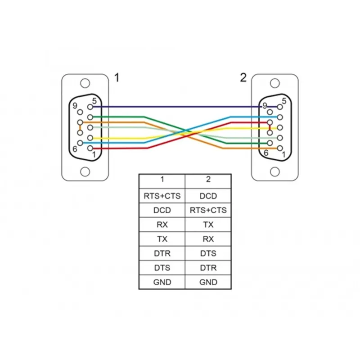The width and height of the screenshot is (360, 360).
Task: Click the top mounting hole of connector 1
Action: pyautogui.click(x=85, y=83)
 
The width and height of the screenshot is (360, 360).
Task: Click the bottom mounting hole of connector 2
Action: pyautogui.click(x=275, y=172)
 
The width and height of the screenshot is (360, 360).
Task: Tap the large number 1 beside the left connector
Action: pyautogui.click(x=117, y=77)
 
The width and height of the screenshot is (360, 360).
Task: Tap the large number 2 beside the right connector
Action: pyautogui.click(x=243, y=77)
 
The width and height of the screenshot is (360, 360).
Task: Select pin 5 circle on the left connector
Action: pyautogui.click(x=90, y=107)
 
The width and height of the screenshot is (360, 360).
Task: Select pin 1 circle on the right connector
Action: pyautogui.click(x=280, y=148)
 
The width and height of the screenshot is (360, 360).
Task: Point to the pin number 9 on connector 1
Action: pyautogui.click(x=75, y=106)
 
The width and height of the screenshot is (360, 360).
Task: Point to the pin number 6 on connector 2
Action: pyautogui.click(x=266, y=153)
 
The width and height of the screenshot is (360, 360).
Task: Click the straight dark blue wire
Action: pyautogui.click(x=177, y=107)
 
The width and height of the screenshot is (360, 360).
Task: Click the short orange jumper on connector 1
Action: pyautogui.click(x=80, y=127)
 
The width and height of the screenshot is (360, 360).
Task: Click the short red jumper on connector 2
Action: pyautogui.click(x=270, y=127)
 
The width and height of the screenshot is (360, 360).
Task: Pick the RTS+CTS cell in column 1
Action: pyautogui.click(x=162, y=196)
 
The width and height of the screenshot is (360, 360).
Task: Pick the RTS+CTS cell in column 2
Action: pyautogui.click(x=208, y=210)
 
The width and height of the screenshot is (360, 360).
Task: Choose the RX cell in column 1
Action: pyautogui.click(x=162, y=225)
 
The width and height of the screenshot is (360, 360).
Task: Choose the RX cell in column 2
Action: pyautogui.click(x=208, y=239)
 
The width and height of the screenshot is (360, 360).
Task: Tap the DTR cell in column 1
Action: pyautogui.click(x=162, y=253)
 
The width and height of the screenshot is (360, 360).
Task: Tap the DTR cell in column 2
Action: pyautogui.click(x=208, y=268)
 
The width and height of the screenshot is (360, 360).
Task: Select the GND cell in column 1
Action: pyautogui.click(x=162, y=282)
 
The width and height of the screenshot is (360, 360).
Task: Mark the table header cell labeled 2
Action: pyautogui.click(x=208, y=181)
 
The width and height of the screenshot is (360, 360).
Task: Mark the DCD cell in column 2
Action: pyautogui.click(x=208, y=196)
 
